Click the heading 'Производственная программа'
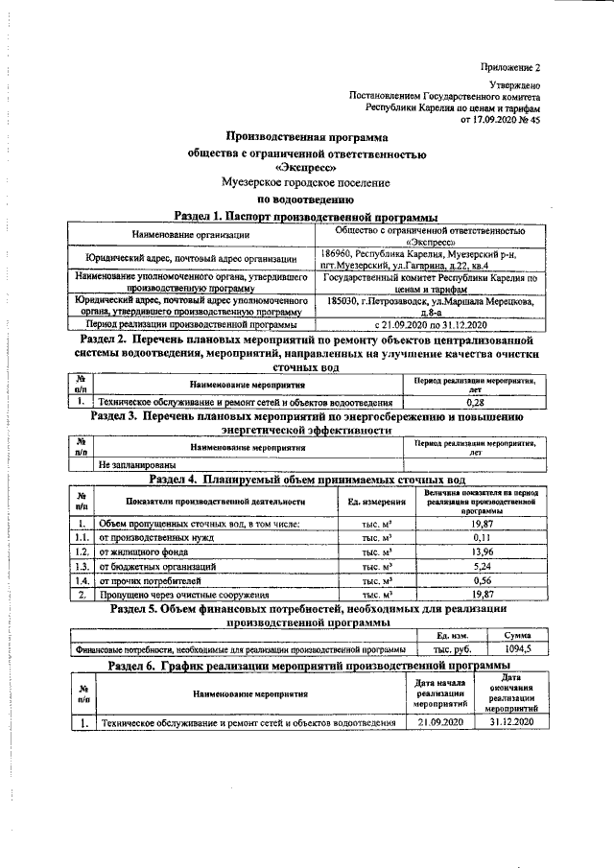tap(307, 137)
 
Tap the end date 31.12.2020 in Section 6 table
tap(508, 720)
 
